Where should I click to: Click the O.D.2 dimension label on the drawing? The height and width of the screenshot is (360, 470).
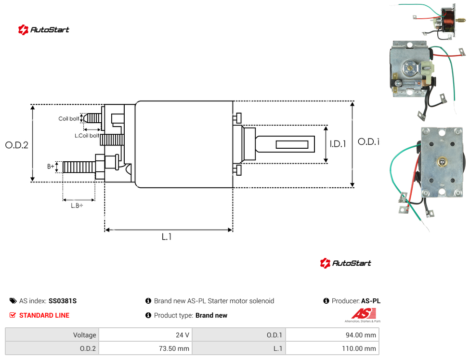(x=17, y=145)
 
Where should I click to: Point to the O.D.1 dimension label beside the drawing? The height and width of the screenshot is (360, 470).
(x=369, y=141)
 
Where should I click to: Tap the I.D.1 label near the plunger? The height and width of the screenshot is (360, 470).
(x=338, y=144)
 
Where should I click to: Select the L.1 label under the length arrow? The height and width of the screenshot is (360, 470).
(x=167, y=237)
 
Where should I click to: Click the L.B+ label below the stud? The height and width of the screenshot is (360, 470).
(x=77, y=206)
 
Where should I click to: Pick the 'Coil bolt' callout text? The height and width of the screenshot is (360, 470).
(x=69, y=118)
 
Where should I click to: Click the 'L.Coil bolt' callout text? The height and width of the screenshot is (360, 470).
(x=87, y=136)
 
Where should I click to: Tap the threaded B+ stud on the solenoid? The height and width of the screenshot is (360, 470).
(x=79, y=167)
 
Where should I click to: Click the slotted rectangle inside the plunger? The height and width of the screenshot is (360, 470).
(x=292, y=144)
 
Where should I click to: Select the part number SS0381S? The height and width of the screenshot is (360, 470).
(x=63, y=301)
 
